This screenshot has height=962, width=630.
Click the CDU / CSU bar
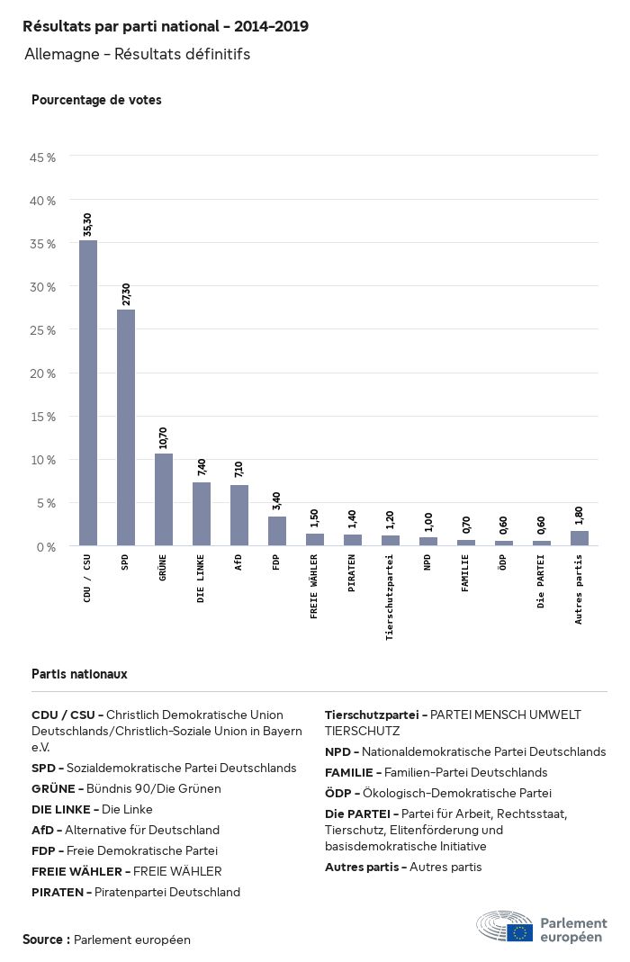pos(88,393)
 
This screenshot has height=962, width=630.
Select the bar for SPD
pos(126,427)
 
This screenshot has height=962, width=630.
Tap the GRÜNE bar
pos(164,499)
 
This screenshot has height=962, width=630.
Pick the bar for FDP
pos(277,531)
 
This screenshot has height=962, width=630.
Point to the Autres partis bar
pos(580,538)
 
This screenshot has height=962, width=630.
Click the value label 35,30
pos(87,225)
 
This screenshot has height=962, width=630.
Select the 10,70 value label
pos(163,437)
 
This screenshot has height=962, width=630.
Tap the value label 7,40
pos(201,467)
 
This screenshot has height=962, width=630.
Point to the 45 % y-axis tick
pos(43,157)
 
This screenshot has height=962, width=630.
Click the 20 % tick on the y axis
pos(43,373)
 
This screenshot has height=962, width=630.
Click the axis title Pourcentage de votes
pos(96,100)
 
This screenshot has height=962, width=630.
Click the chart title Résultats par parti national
pos(166,27)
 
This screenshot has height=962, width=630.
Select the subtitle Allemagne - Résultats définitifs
pos(137,55)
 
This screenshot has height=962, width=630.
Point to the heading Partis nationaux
pos(79,673)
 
